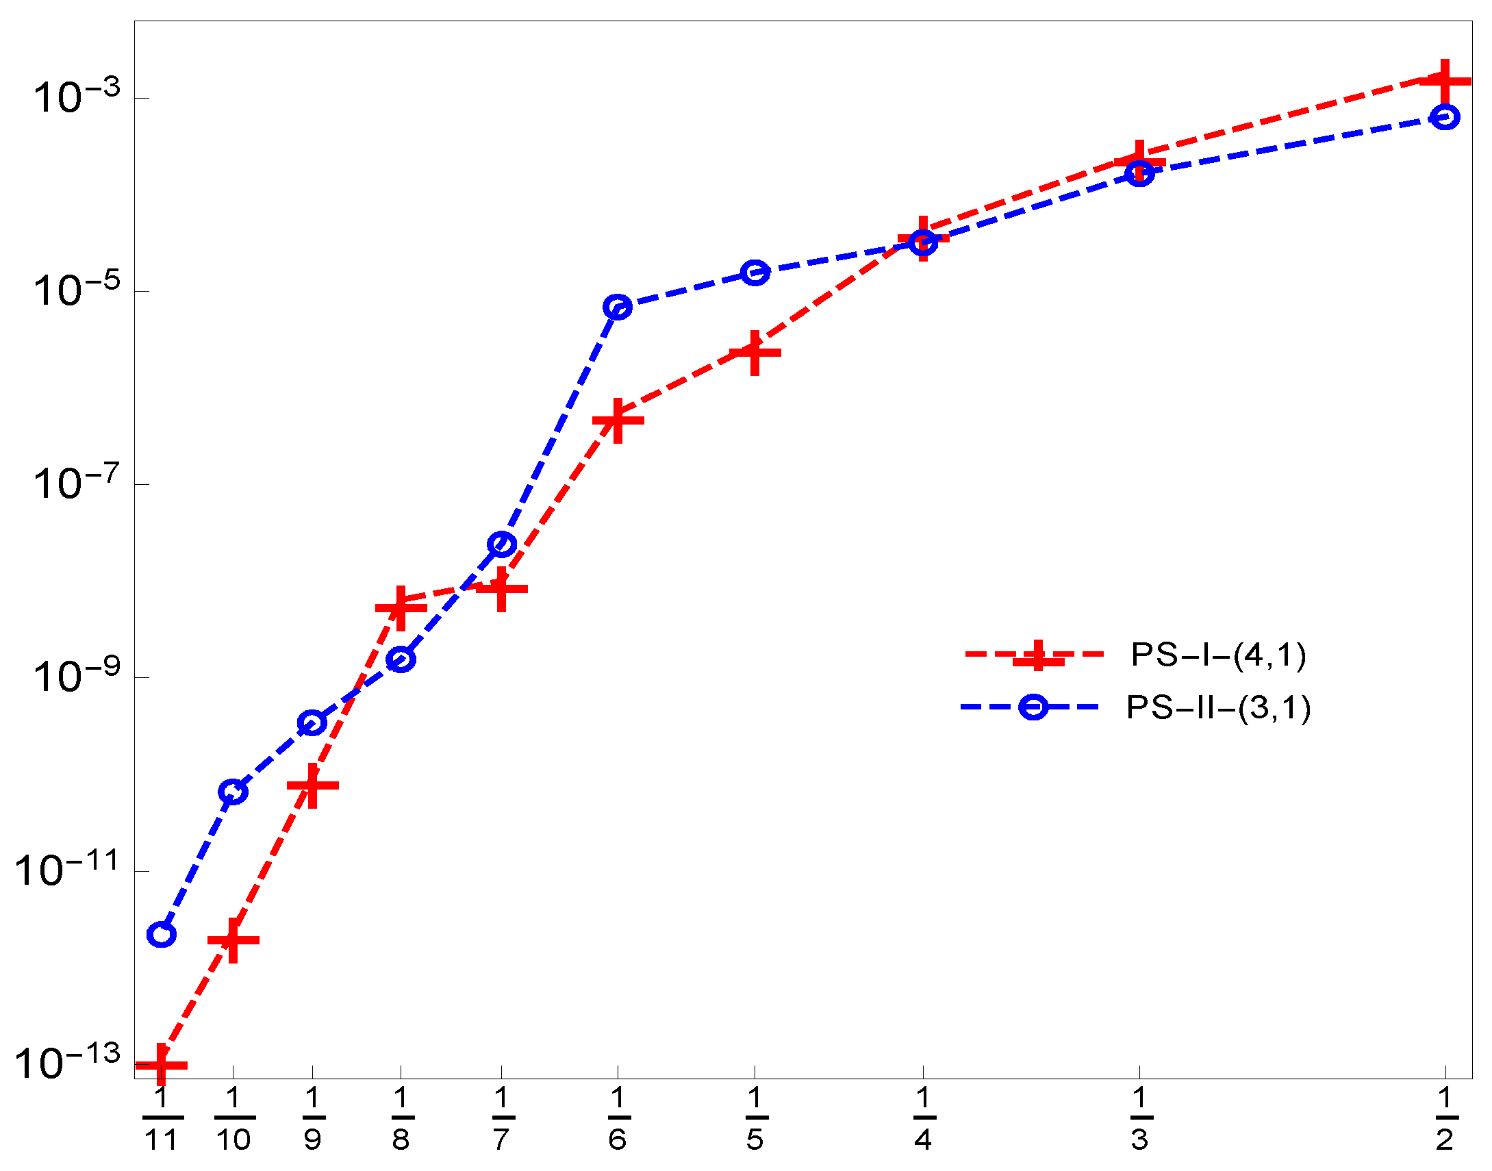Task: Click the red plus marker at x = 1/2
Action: click(1445, 81)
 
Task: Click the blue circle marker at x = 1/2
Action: click(1445, 117)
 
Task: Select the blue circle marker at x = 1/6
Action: click(618, 307)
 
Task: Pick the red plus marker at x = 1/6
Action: click(618, 420)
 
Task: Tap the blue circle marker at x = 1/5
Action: click(755, 273)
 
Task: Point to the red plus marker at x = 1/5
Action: click(755, 353)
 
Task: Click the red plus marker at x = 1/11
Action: click(161, 1065)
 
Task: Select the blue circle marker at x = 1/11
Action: click(161, 934)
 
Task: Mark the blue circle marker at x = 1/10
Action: click(233, 792)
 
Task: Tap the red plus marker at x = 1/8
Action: click(401, 607)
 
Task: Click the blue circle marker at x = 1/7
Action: click(501, 544)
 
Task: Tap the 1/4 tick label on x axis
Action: click(923, 1119)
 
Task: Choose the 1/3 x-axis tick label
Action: click(1139, 1119)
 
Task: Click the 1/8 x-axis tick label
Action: click(401, 1119)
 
